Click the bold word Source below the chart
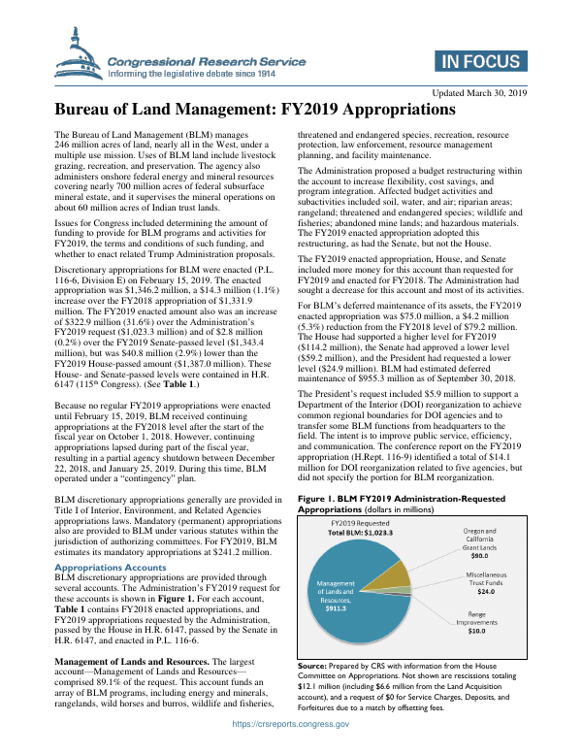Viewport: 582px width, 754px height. (x=311, y=668)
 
